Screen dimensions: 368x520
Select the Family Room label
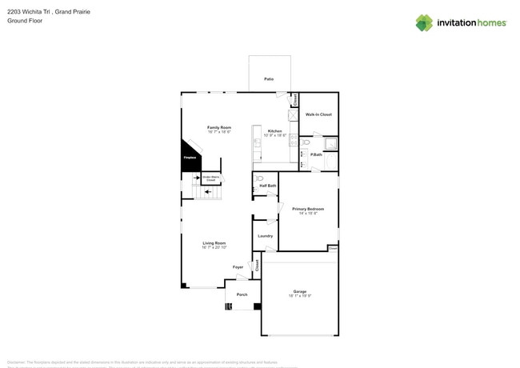[219, 128]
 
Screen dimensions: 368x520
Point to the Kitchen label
[274, 131]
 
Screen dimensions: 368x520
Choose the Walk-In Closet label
[318, 114]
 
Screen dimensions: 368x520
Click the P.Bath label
[317, 154]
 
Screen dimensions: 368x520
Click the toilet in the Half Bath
[259, 178]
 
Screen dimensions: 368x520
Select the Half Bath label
[268, 186]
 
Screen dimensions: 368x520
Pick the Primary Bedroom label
[306, 210]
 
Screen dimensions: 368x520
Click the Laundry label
[265, 236]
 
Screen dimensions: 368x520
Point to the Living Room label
[214, 244]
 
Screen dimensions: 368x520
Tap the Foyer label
[238, 267]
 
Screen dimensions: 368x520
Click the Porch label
[242, 294]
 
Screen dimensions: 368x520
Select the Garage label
[299, 292]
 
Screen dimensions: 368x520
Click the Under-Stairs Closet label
[211, 178]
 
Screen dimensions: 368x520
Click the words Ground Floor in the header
[25, 21]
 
